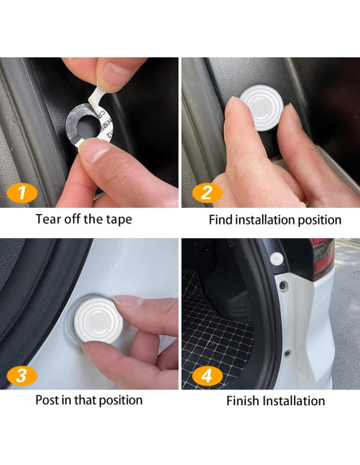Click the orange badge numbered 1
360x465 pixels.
(22, 193)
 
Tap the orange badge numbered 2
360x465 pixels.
(207, 193)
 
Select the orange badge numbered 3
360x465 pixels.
(22, 376)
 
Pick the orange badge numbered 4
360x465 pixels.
(207, 376)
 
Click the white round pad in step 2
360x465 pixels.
(261, 107)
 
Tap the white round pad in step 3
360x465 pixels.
(99, 320)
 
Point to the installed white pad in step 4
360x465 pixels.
(276, 259)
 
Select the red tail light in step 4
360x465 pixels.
(322, 259)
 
